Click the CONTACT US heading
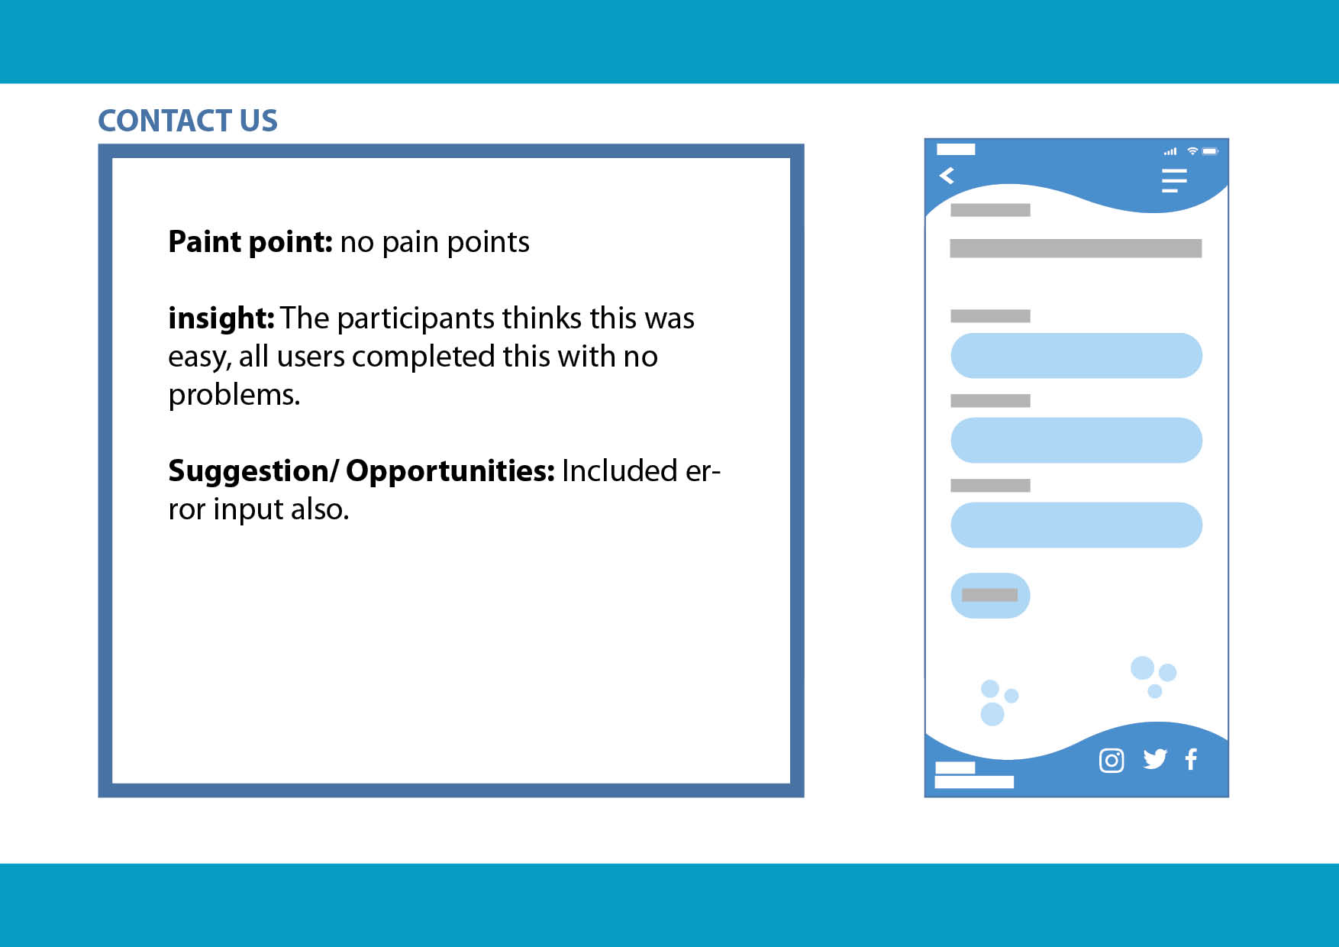188,121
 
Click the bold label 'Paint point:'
250,241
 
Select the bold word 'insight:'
221,318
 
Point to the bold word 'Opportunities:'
450,471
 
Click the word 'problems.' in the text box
234,396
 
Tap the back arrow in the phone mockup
947,176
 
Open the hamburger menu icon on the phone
1174,180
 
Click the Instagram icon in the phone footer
1112,761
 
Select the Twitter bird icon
1155,759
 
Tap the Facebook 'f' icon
1191,759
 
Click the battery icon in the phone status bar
1211,151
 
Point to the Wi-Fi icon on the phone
1192,151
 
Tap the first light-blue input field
1076,356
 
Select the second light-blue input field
1076,441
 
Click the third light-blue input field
1076,525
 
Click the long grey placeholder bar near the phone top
1076,248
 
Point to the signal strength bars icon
1170,151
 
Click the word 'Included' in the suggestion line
619,471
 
